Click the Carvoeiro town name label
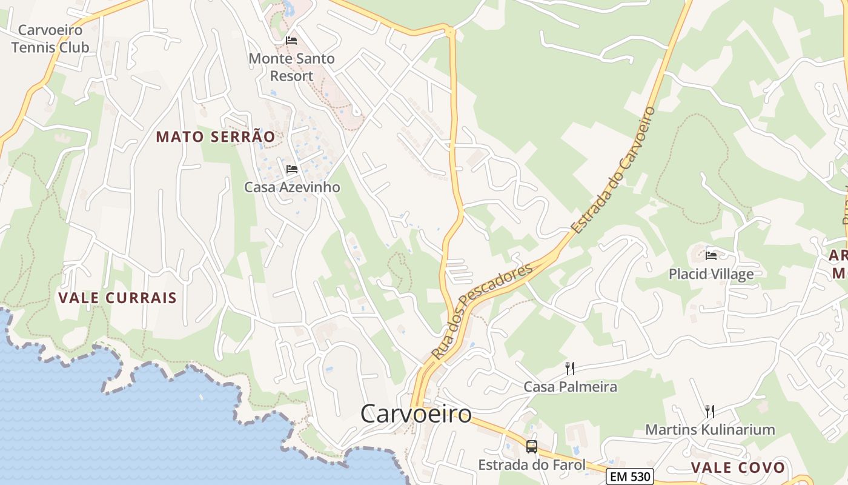(x=416, y=414)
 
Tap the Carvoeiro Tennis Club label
(x=50, y=39)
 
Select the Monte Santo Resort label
(x=291, y=67)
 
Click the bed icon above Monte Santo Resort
(x=291, y=41)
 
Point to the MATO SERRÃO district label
(x=216, y=137)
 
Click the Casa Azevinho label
(x=292, y=187)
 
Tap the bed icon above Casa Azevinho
(x=292, y=169)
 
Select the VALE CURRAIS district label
(x=118, y=298)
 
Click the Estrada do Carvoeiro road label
(x=614, y=170)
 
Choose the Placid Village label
(x=711, y=274)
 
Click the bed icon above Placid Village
(x=711, y=255)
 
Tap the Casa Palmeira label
(x=570, y=387)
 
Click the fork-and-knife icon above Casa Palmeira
(x=569, y=368)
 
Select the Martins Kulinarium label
(x=710, y=430)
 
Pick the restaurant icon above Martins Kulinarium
(x=709, y=412)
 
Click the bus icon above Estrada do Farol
(x=532, y=447)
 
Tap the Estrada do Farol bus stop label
(x=532, y=465)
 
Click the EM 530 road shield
(x=631, y=477)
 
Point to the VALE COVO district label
(x=738, y=468)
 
